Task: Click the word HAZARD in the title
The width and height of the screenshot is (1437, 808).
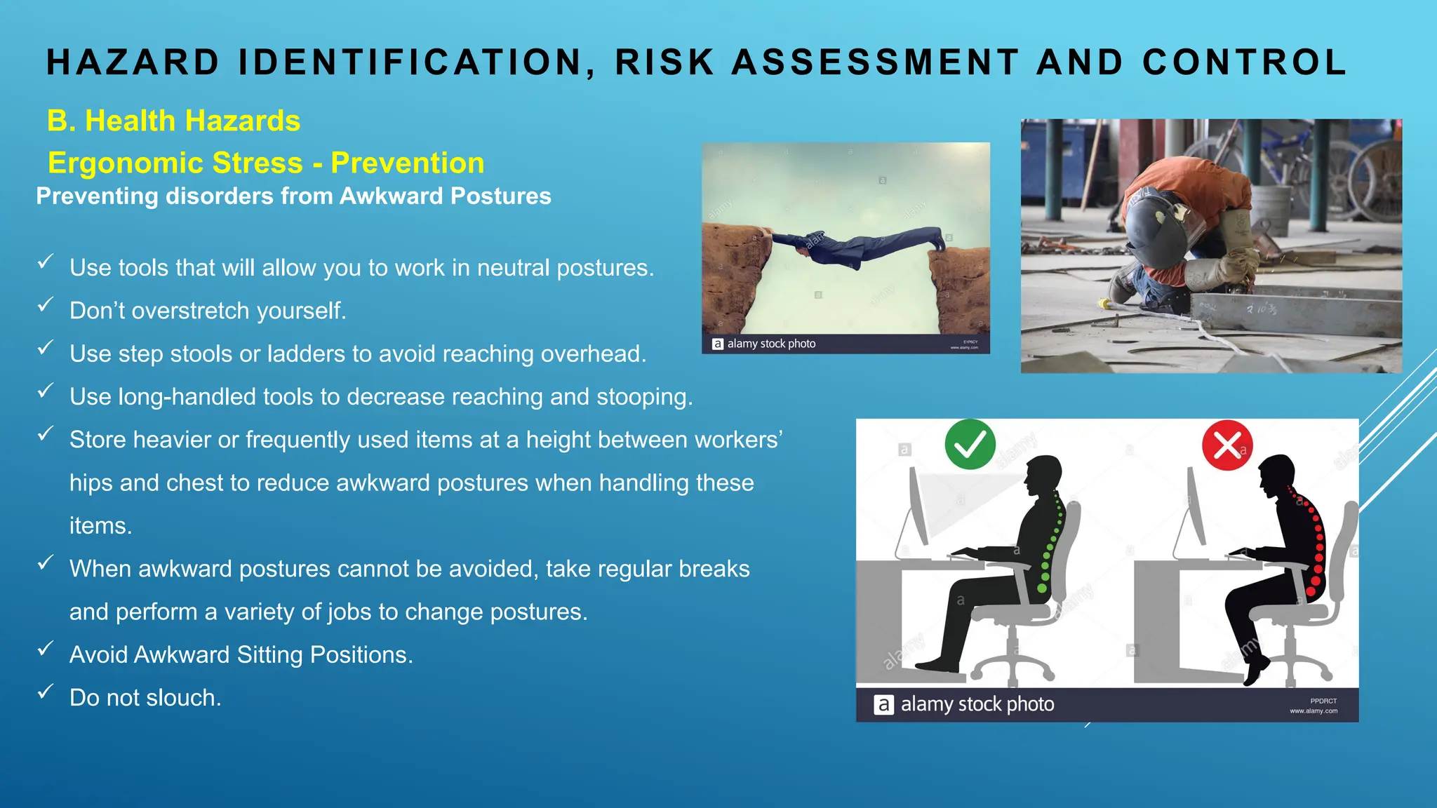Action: click(133, 62)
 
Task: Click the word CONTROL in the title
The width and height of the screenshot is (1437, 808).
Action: click(1244, 62)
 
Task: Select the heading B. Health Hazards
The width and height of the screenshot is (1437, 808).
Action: click(173, 121)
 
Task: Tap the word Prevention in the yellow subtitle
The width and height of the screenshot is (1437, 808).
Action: click(407, 163)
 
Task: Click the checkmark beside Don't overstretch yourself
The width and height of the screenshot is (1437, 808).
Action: click(46, 304)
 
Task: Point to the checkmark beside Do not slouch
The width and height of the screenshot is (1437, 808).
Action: click(46, 692)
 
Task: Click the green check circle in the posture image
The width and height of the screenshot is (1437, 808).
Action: click(970, 444)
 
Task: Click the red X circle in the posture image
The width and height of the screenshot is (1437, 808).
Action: click(1227, 445)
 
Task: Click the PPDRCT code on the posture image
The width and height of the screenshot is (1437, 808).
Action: click(1323, 701)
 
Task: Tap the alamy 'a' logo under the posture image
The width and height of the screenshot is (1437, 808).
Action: click(883, 704)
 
